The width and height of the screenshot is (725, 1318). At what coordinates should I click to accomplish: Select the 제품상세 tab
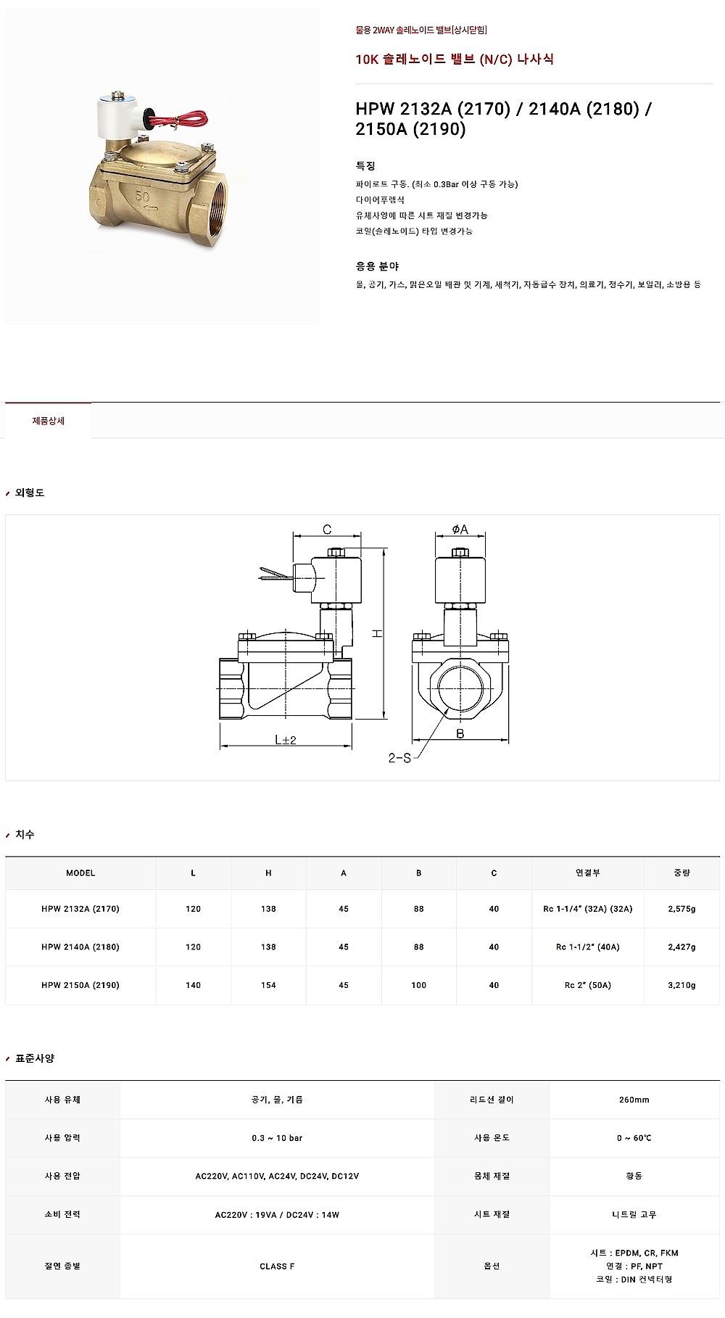(x=49, y=421)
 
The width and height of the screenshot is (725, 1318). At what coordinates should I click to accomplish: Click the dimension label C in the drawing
(x=327, y=530)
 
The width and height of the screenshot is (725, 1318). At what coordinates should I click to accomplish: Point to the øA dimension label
(x=460, y=530)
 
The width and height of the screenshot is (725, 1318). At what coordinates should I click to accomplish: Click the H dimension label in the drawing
(x=377, y=633)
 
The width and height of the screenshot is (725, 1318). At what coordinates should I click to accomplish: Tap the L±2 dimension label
(x=286, y=740)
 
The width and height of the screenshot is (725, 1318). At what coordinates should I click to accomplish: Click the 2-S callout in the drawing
(x=399, y=758)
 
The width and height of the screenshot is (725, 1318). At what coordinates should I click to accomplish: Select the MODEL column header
(x=80, y=873)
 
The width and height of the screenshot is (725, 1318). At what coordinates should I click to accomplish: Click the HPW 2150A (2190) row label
(x=80, y=985)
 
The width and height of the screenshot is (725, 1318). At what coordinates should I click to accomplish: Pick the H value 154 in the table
(x=268, y=985)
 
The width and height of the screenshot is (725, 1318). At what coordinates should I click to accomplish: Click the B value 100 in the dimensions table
(x=418, y=985)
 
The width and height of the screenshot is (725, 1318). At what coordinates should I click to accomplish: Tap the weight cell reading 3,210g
(x=681, y=985)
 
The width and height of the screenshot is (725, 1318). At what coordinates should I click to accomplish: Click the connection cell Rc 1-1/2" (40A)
(x=588, y=947)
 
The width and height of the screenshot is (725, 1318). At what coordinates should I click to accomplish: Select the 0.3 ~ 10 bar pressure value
(x=277, y=1138)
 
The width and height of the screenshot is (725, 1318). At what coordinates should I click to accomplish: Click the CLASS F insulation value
(x=277, y=1266)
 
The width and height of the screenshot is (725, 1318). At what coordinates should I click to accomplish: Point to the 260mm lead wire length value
(x=634, y=1100)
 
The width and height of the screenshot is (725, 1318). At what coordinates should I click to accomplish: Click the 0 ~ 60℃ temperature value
(x=634, y=1138)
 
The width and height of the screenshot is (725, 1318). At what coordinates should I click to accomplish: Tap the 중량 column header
(x=681, y=873)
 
